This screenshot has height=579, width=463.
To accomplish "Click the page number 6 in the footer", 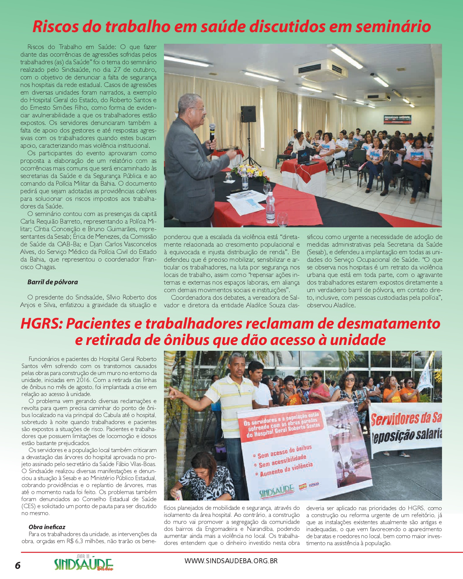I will click(x=18, y=565).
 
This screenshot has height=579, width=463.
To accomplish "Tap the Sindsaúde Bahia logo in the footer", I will click(x=83, y=564).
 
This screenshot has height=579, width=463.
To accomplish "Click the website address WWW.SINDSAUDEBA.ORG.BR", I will click(x=231, y=561).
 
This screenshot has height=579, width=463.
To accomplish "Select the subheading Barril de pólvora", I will click(x=53, y=282).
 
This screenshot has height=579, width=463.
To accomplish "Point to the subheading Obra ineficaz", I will click(x=47, y=527).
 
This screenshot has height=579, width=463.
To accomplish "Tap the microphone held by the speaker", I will click(x=212, y=132).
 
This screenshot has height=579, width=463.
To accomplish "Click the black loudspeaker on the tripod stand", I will click(x=248, y=114).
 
